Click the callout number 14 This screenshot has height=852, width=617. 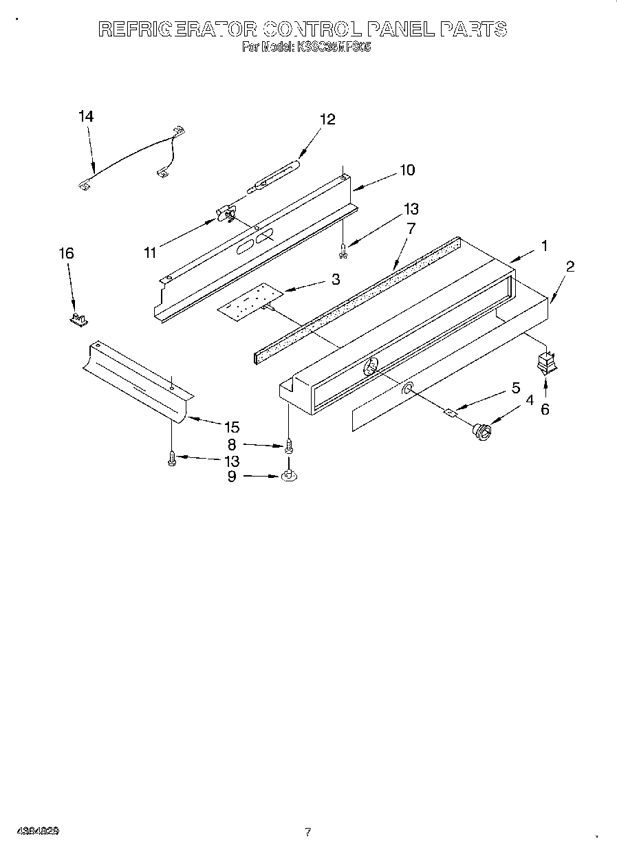85,117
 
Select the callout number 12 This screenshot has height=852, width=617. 327,120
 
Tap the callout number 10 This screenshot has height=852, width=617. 407,170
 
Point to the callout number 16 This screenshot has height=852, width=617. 65,254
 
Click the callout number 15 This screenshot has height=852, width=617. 231,428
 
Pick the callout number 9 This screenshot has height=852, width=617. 231,475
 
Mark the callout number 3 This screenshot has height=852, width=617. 335,279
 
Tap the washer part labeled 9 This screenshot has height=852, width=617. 288,475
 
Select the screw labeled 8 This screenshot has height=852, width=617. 288,445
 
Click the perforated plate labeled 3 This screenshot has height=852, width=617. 250,301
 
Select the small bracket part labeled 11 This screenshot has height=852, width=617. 225,215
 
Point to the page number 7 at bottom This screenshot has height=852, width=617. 307,832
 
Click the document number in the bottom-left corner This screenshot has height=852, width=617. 38,831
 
